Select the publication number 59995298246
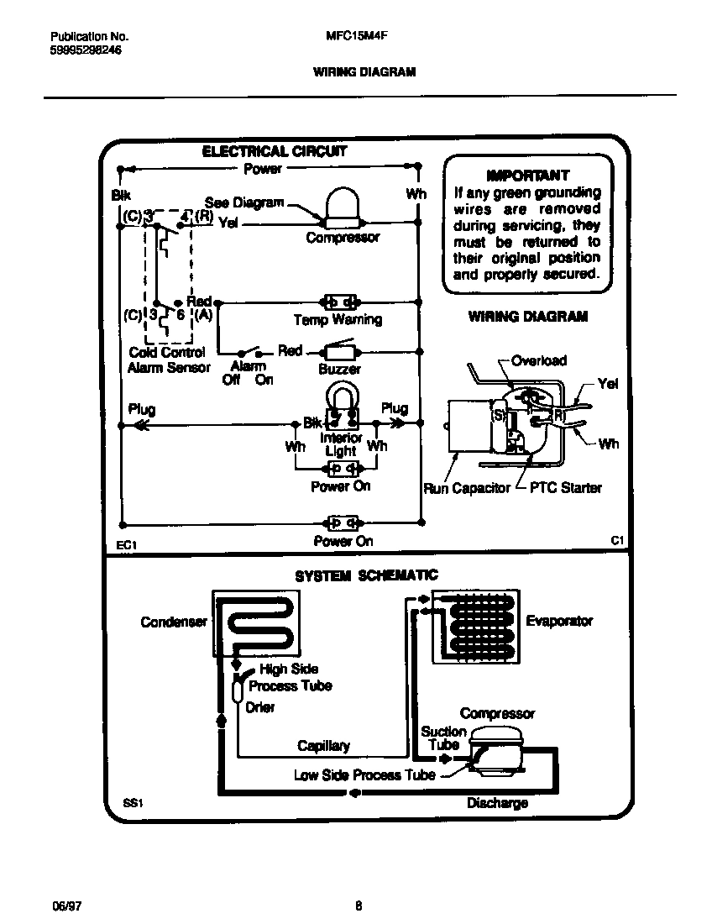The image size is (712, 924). pos(86,50)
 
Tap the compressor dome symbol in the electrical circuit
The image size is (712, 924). pos(342,207)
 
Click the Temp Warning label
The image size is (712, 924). pos(337,320)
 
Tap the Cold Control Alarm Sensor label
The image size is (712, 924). pos(168,360)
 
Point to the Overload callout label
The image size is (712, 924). pos(539,361)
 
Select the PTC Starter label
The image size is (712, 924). pos(565,488)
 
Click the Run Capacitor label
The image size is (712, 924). pos(467,488)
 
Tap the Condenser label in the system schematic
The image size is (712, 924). pos(173,622)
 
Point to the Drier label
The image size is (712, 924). pos(260,707)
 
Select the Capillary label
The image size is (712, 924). pos(323,746)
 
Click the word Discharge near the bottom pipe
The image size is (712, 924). pos(497,803)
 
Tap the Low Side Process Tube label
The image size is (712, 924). pos(364,774)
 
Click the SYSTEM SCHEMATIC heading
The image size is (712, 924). pos(365,575)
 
